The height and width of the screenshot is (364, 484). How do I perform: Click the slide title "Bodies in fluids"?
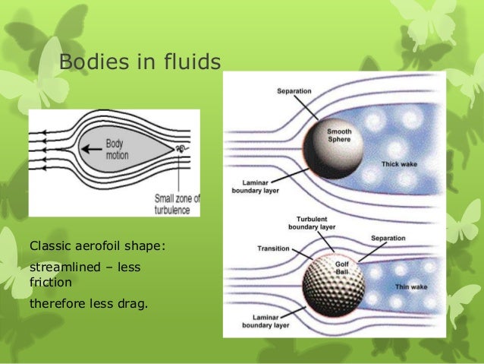[140, 62]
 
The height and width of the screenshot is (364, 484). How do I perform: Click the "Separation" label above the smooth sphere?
[294, 91]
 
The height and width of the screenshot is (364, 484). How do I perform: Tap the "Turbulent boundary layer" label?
[308, 223]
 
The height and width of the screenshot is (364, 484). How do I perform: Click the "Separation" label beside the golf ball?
[388, 239]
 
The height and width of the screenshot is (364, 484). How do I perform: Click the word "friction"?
[50, 282]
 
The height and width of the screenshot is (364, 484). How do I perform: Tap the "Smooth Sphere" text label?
[339, 135]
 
